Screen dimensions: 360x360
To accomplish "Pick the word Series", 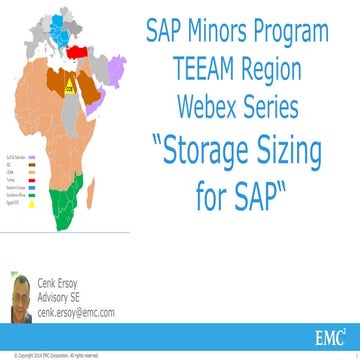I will (290, 94).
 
